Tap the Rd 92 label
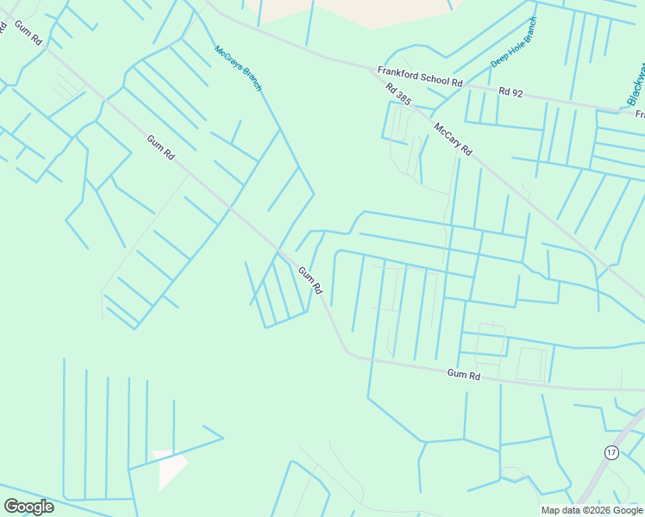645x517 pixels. (x=511, y=90)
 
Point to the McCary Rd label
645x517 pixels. (x=453, y=138)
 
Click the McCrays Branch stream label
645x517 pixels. (x=238, y=67)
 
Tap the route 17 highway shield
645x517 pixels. (x=611, y=452)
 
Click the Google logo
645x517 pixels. (x=28, y=507)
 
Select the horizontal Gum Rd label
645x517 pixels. (x=463, y=375)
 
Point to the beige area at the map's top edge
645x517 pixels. (x=362, y=10)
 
